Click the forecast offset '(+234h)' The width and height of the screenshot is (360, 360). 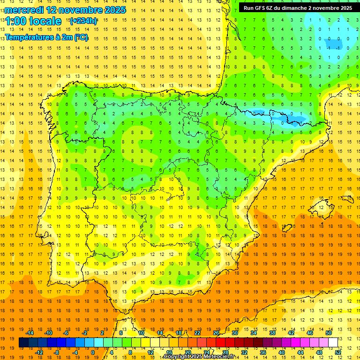83,21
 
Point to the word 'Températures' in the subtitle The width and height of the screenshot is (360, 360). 29,37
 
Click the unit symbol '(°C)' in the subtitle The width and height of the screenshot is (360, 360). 81,37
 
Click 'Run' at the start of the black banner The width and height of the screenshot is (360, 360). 248,8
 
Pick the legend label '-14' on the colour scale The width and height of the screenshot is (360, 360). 30,333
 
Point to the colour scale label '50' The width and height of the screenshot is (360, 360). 329,333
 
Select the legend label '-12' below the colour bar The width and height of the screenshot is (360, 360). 39,352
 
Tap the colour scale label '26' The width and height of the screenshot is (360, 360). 216,333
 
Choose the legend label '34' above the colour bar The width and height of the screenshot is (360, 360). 254,333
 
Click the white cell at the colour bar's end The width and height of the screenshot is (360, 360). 333,343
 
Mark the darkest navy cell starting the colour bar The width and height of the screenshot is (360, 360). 23,343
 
